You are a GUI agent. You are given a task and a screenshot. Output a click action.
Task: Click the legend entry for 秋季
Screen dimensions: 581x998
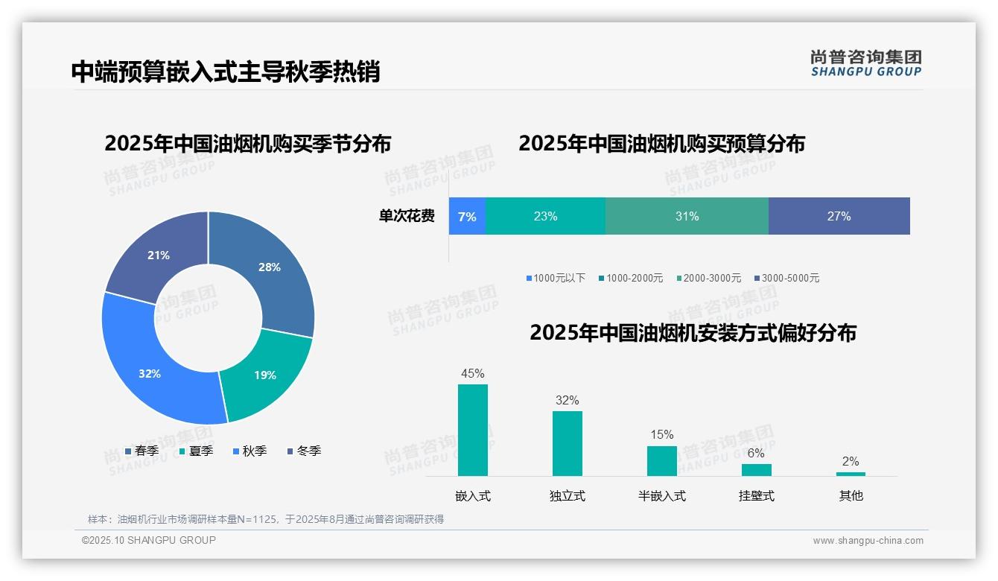pos(249,451)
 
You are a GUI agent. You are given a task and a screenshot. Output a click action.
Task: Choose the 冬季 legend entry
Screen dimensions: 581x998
pos(304,451)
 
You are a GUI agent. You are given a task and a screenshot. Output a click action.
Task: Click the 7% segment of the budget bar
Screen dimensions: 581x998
pos(467,217)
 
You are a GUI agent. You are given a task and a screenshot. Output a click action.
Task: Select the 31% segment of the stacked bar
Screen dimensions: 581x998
pos(687,217)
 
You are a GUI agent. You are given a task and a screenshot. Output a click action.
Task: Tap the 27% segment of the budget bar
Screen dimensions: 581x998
pos(839,217)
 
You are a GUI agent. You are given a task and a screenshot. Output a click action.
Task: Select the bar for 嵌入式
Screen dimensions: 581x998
pos(473,430)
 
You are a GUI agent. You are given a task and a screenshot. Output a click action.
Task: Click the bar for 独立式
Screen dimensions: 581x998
pos(568,443)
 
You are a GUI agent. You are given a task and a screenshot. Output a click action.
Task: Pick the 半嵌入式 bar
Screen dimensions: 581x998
pos(662,460)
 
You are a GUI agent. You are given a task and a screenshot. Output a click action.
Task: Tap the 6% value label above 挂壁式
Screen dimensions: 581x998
pos(756,453)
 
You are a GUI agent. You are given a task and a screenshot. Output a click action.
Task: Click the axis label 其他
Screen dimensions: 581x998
pos(851,496)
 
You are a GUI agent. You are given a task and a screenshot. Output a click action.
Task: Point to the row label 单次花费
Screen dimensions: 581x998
pos(407,217)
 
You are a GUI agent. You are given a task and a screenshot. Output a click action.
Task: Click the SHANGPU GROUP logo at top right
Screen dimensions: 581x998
pos(865,63)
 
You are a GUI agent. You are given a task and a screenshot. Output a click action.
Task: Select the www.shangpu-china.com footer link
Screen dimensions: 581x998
pos(868,541)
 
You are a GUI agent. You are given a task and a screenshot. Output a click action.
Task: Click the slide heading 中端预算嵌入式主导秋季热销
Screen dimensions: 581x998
pos(226,72)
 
